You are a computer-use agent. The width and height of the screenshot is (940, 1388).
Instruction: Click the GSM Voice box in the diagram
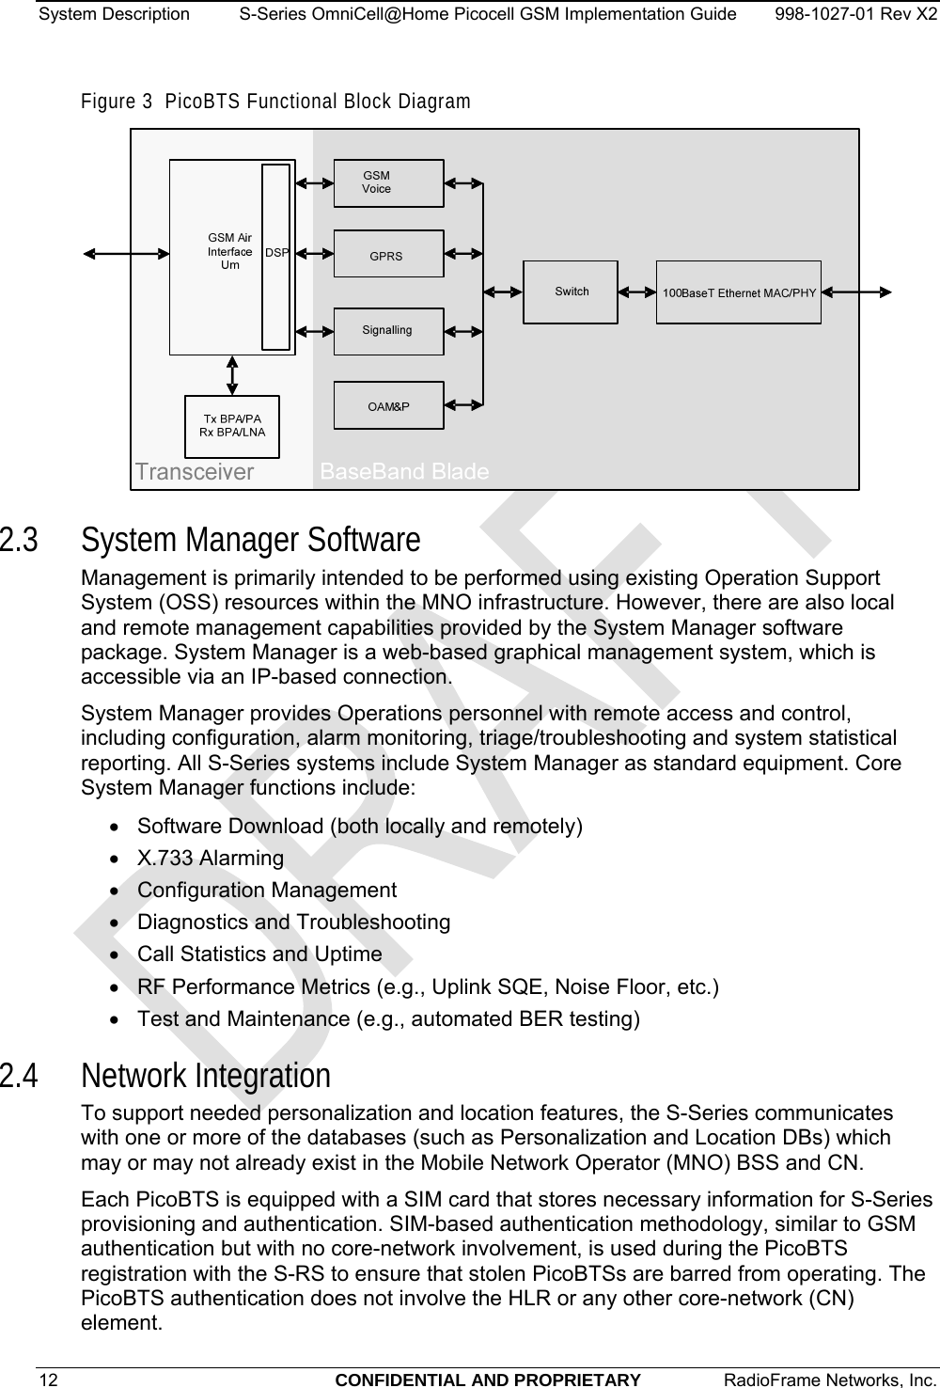click(388, 183)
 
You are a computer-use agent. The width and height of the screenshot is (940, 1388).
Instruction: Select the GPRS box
click(388, 255)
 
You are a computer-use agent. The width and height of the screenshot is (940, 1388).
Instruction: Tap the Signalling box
click(388, 331)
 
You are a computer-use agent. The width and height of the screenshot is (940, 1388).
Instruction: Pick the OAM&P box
click(388, 405)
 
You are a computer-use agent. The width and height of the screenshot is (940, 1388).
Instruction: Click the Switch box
click(571, 292)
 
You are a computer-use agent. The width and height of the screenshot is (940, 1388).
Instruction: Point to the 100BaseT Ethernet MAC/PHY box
click(738, 292)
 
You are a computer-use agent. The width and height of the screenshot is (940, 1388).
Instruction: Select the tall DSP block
click(276, 256)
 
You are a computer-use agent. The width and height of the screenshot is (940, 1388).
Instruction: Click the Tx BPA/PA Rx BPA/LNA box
click(232, 426)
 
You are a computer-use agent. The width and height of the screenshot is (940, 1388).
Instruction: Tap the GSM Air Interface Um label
click(229, 252)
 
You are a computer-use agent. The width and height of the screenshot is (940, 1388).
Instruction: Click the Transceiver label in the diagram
click(195, 471)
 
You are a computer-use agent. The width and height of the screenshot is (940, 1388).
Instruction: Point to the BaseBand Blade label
click(404, 471)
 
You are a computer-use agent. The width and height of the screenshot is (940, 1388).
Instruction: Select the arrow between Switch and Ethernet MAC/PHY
click(637, 292)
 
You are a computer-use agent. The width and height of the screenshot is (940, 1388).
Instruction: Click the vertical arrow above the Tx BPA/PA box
click(232, 374)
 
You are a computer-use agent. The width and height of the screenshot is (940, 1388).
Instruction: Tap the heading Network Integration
click(206, 1075)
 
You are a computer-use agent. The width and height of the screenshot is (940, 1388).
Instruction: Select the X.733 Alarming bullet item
click(211, 858)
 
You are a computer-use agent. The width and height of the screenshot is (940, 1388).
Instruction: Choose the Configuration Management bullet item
click(267, 890)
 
